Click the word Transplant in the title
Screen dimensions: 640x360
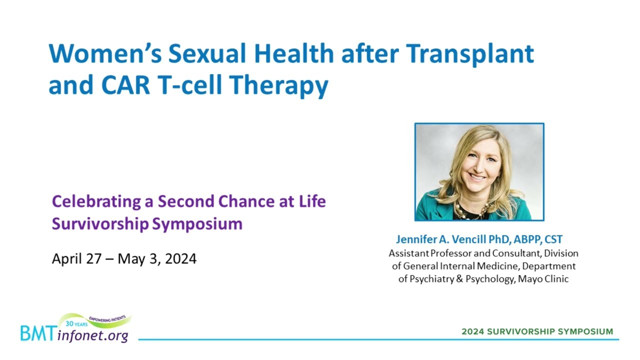click(469, 54)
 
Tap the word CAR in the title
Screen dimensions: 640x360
click(125, 84)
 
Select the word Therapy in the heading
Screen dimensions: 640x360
click(279, 85)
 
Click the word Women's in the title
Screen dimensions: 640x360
click(105, 53)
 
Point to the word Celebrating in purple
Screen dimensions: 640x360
click(96, 202)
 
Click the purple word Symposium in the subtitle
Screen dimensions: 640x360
click(197, 223)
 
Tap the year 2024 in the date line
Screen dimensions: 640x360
click(181, 259)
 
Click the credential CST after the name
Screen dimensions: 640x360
click(553, 239)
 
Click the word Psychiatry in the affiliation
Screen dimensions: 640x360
click(431, 279)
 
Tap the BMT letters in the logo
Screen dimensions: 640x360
click(37, 333)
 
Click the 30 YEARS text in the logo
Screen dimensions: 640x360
click(76, 324)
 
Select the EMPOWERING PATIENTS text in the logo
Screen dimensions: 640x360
click(107, 319)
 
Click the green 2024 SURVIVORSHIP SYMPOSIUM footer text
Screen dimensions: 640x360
click(537, 331)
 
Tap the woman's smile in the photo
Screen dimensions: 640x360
click(476, 177)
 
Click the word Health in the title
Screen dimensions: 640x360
click(294, 53)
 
